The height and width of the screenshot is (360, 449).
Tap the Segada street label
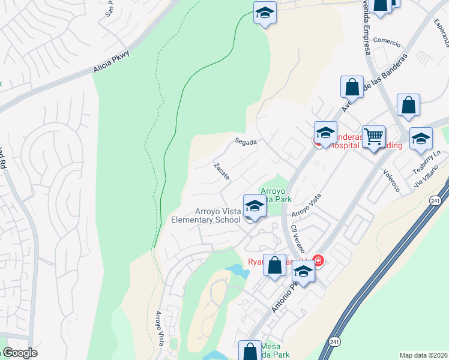[x=246, y=142]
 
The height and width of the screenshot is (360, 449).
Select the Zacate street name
[x=221, y=171]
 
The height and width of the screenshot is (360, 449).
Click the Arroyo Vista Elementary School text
[x=206, y=215]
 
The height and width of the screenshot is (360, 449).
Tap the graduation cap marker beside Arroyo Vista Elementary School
[x=255, y=206]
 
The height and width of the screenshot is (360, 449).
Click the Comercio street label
[x=387, y=41]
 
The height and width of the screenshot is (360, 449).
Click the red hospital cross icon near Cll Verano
[x=318, y=261]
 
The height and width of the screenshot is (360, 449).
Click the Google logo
[x=20, y=353]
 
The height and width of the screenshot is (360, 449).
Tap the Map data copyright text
[x=423, y=355]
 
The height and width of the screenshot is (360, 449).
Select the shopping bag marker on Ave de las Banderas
[x=352, y=87]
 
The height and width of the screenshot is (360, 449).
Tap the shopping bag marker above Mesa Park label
[x=250, y=350]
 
